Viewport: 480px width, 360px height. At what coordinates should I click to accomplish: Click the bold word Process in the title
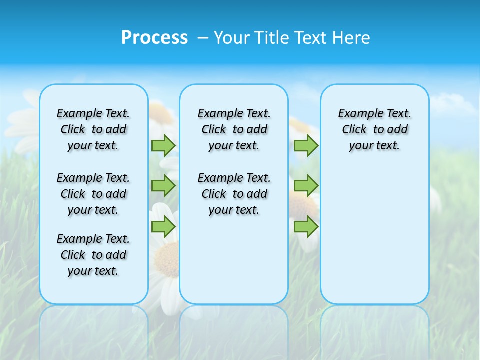point(154,38)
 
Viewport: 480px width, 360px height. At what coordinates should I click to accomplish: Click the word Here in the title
point(351,38)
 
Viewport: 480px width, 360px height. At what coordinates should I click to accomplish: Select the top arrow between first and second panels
point(163,145)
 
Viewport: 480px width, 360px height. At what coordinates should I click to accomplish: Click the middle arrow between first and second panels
point(163,186)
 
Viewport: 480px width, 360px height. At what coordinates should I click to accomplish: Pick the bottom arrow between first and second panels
point(163,227)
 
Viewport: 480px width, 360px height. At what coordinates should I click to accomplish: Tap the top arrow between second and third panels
point(306,145)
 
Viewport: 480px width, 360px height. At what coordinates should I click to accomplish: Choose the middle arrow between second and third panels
point(306,186)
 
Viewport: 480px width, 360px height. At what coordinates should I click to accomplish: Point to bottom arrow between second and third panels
point(306,227)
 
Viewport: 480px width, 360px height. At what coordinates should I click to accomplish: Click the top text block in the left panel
point(93,129)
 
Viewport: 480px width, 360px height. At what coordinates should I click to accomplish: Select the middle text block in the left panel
point(93,194)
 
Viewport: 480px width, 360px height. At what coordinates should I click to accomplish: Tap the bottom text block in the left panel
point(93,255)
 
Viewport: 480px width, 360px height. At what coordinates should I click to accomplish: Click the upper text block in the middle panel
point(234,129)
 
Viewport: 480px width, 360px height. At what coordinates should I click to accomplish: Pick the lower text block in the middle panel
point(234,194)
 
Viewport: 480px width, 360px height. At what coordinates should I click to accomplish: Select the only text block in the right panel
point(374,129)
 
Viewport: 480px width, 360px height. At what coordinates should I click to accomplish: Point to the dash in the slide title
point(203,38)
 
